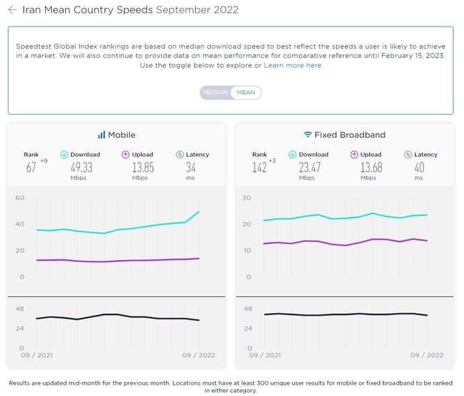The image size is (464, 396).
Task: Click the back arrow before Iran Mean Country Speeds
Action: [x=13, y=10]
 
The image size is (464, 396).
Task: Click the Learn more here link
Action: [x=292, y=65]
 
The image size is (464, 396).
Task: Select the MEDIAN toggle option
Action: [x=215, y=93]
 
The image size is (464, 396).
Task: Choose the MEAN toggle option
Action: [x=246, y=93]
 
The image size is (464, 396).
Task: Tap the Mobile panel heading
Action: [x=121, y=135]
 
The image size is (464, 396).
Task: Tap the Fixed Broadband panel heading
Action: [x=349, y=135]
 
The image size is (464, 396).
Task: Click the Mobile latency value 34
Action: [x=191, y=166]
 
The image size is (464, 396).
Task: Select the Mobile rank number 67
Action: [x=30, y=167]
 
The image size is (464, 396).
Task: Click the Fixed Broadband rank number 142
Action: [x=259, y=167]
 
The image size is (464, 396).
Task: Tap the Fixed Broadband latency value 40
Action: [x=419, y=166]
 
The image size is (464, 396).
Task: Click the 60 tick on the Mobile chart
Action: [x=20, y=198]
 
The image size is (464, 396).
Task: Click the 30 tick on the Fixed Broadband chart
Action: [x=247, y=198]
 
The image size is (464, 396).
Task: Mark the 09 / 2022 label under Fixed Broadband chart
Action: [x=426, y=356]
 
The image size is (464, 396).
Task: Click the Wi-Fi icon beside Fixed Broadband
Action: [x=308, y=135]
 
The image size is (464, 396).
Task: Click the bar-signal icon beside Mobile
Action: [x=101, y=135]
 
